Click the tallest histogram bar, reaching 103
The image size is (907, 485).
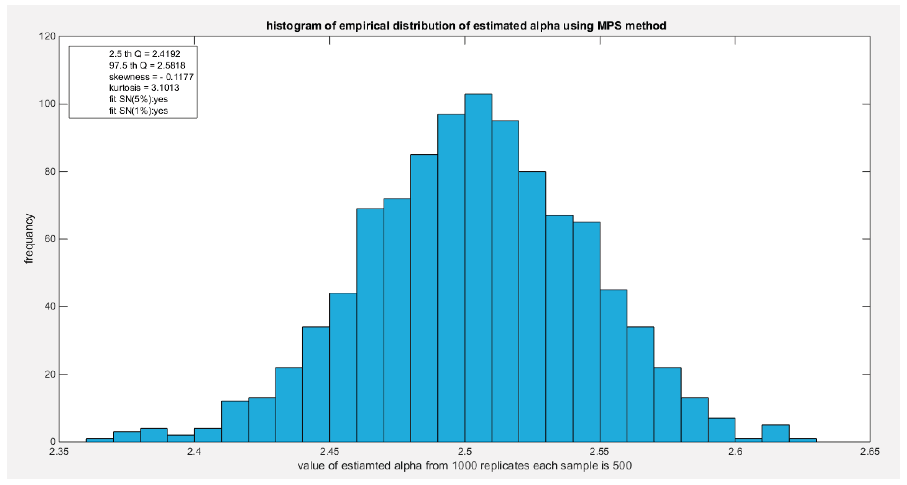pyautogui.click(x=478, y=267)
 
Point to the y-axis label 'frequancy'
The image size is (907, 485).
pyautogui.click(x=29, y=239)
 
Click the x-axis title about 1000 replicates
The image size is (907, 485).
pyautogui.click(x=465, y=466)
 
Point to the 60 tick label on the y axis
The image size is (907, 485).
pyautogui.click(x=50, y=239)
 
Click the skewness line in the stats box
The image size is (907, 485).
pyautogui.click(x=151, y=77)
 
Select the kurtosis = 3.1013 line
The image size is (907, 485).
pyautogui.click(x=144, y=88)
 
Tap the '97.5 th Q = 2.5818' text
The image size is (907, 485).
pyautogui.click(x=147, y=66)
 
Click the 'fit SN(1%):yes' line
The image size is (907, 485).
pyautogui.click(x=138, y=110)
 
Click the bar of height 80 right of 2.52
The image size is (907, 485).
pyautogui.click(x=532, y=306)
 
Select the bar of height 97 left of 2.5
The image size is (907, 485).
pyautogui.click(x=451, y=278)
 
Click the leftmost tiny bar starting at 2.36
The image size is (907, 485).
pyautogui.click(x=100, y=440)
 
